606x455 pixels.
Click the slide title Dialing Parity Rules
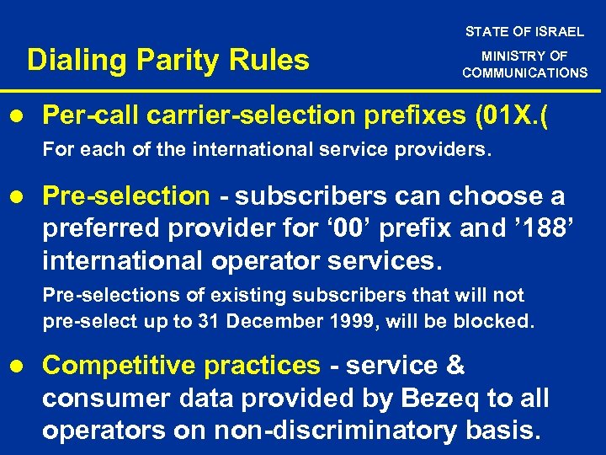point(168,61)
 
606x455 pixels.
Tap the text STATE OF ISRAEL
point(524,31)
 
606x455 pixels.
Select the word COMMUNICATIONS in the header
point(524,72)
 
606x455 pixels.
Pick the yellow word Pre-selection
point(125,196)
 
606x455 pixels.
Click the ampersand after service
point(454,366)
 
